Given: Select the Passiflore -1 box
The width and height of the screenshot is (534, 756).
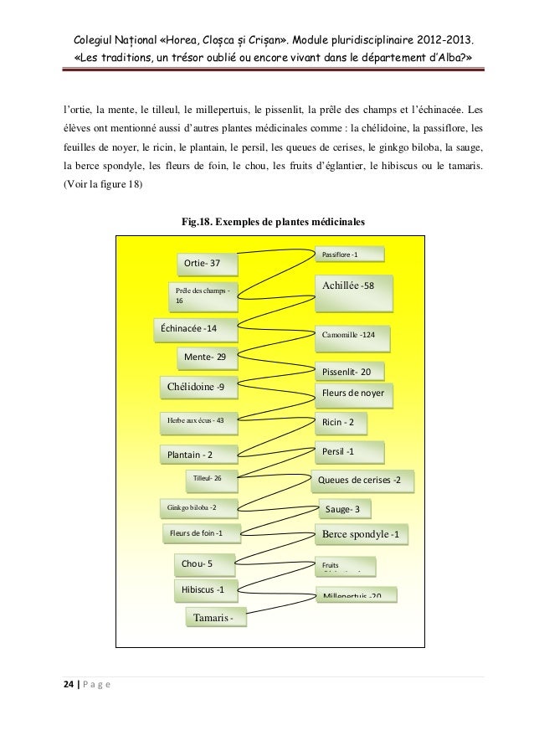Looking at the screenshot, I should pyautogui.click(x=349, y=254).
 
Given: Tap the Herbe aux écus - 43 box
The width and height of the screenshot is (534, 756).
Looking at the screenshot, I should pyautogui.click(x=198, y=420).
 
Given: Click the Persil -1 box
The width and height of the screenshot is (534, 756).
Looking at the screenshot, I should pyautogui.click(x=349, y=452).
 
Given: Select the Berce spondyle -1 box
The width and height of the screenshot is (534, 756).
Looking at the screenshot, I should pyautogui.click(x=362, y=534).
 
